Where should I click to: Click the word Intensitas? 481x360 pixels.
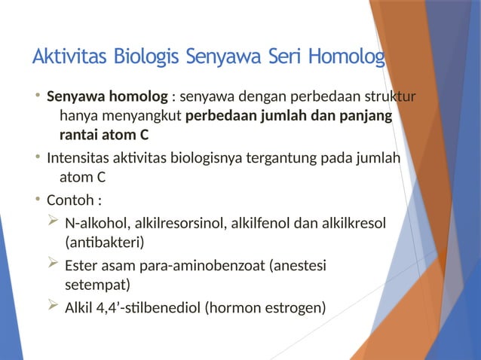click(76, 158)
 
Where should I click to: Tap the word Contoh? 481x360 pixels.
click(70, 201)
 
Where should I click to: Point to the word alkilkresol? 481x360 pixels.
click(354, 224)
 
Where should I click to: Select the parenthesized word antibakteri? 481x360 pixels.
click(105, 243)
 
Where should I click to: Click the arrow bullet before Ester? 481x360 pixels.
click(52, 264)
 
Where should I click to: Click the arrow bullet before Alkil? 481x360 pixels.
click(52, 307)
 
